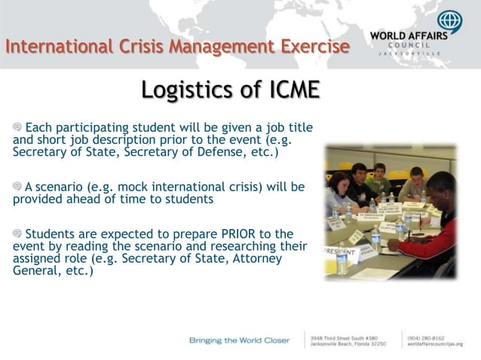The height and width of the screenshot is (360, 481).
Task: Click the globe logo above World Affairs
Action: pos(451,23)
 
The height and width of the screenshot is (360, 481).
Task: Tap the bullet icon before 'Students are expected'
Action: pos(18,234)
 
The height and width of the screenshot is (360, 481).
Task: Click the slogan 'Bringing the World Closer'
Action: pos(239,340)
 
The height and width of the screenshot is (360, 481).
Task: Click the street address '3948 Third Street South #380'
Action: pos(345,337)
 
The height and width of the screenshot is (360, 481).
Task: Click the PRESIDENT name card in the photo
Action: pos(341,250)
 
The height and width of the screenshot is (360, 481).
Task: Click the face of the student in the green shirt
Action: pos(379,172)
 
